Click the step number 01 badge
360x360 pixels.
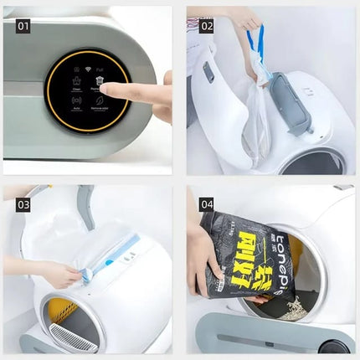click(23, 26)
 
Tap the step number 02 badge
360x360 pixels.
click(206, 26)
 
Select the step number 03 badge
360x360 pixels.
click(23, 204)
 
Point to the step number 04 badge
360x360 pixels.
click(206, 204)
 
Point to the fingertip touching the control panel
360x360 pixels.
click(106, 88)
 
